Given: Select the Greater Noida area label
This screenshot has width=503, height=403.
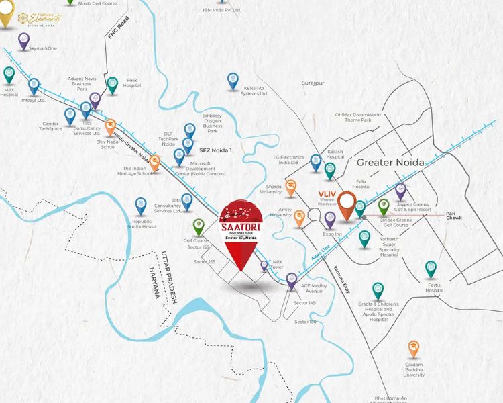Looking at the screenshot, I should (391, 163).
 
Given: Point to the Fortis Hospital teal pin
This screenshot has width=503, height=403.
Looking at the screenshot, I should (431, 269).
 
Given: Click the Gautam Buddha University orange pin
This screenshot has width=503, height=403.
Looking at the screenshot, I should (414, 349).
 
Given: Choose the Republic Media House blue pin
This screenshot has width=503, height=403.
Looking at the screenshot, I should (141, 205).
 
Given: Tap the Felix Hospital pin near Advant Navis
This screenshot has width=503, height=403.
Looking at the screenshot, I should (113, 84).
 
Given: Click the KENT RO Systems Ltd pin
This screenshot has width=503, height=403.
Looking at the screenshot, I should (232, 81).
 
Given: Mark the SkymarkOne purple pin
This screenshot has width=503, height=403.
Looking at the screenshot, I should (24, 40).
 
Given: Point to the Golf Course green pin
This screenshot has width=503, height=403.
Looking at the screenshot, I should (198, 226).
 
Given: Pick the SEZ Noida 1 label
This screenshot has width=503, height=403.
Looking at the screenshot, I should (215, 150).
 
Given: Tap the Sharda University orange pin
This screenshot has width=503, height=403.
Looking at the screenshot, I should (291, 187).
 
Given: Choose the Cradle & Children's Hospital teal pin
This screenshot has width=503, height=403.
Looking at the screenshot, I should (378, 290).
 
